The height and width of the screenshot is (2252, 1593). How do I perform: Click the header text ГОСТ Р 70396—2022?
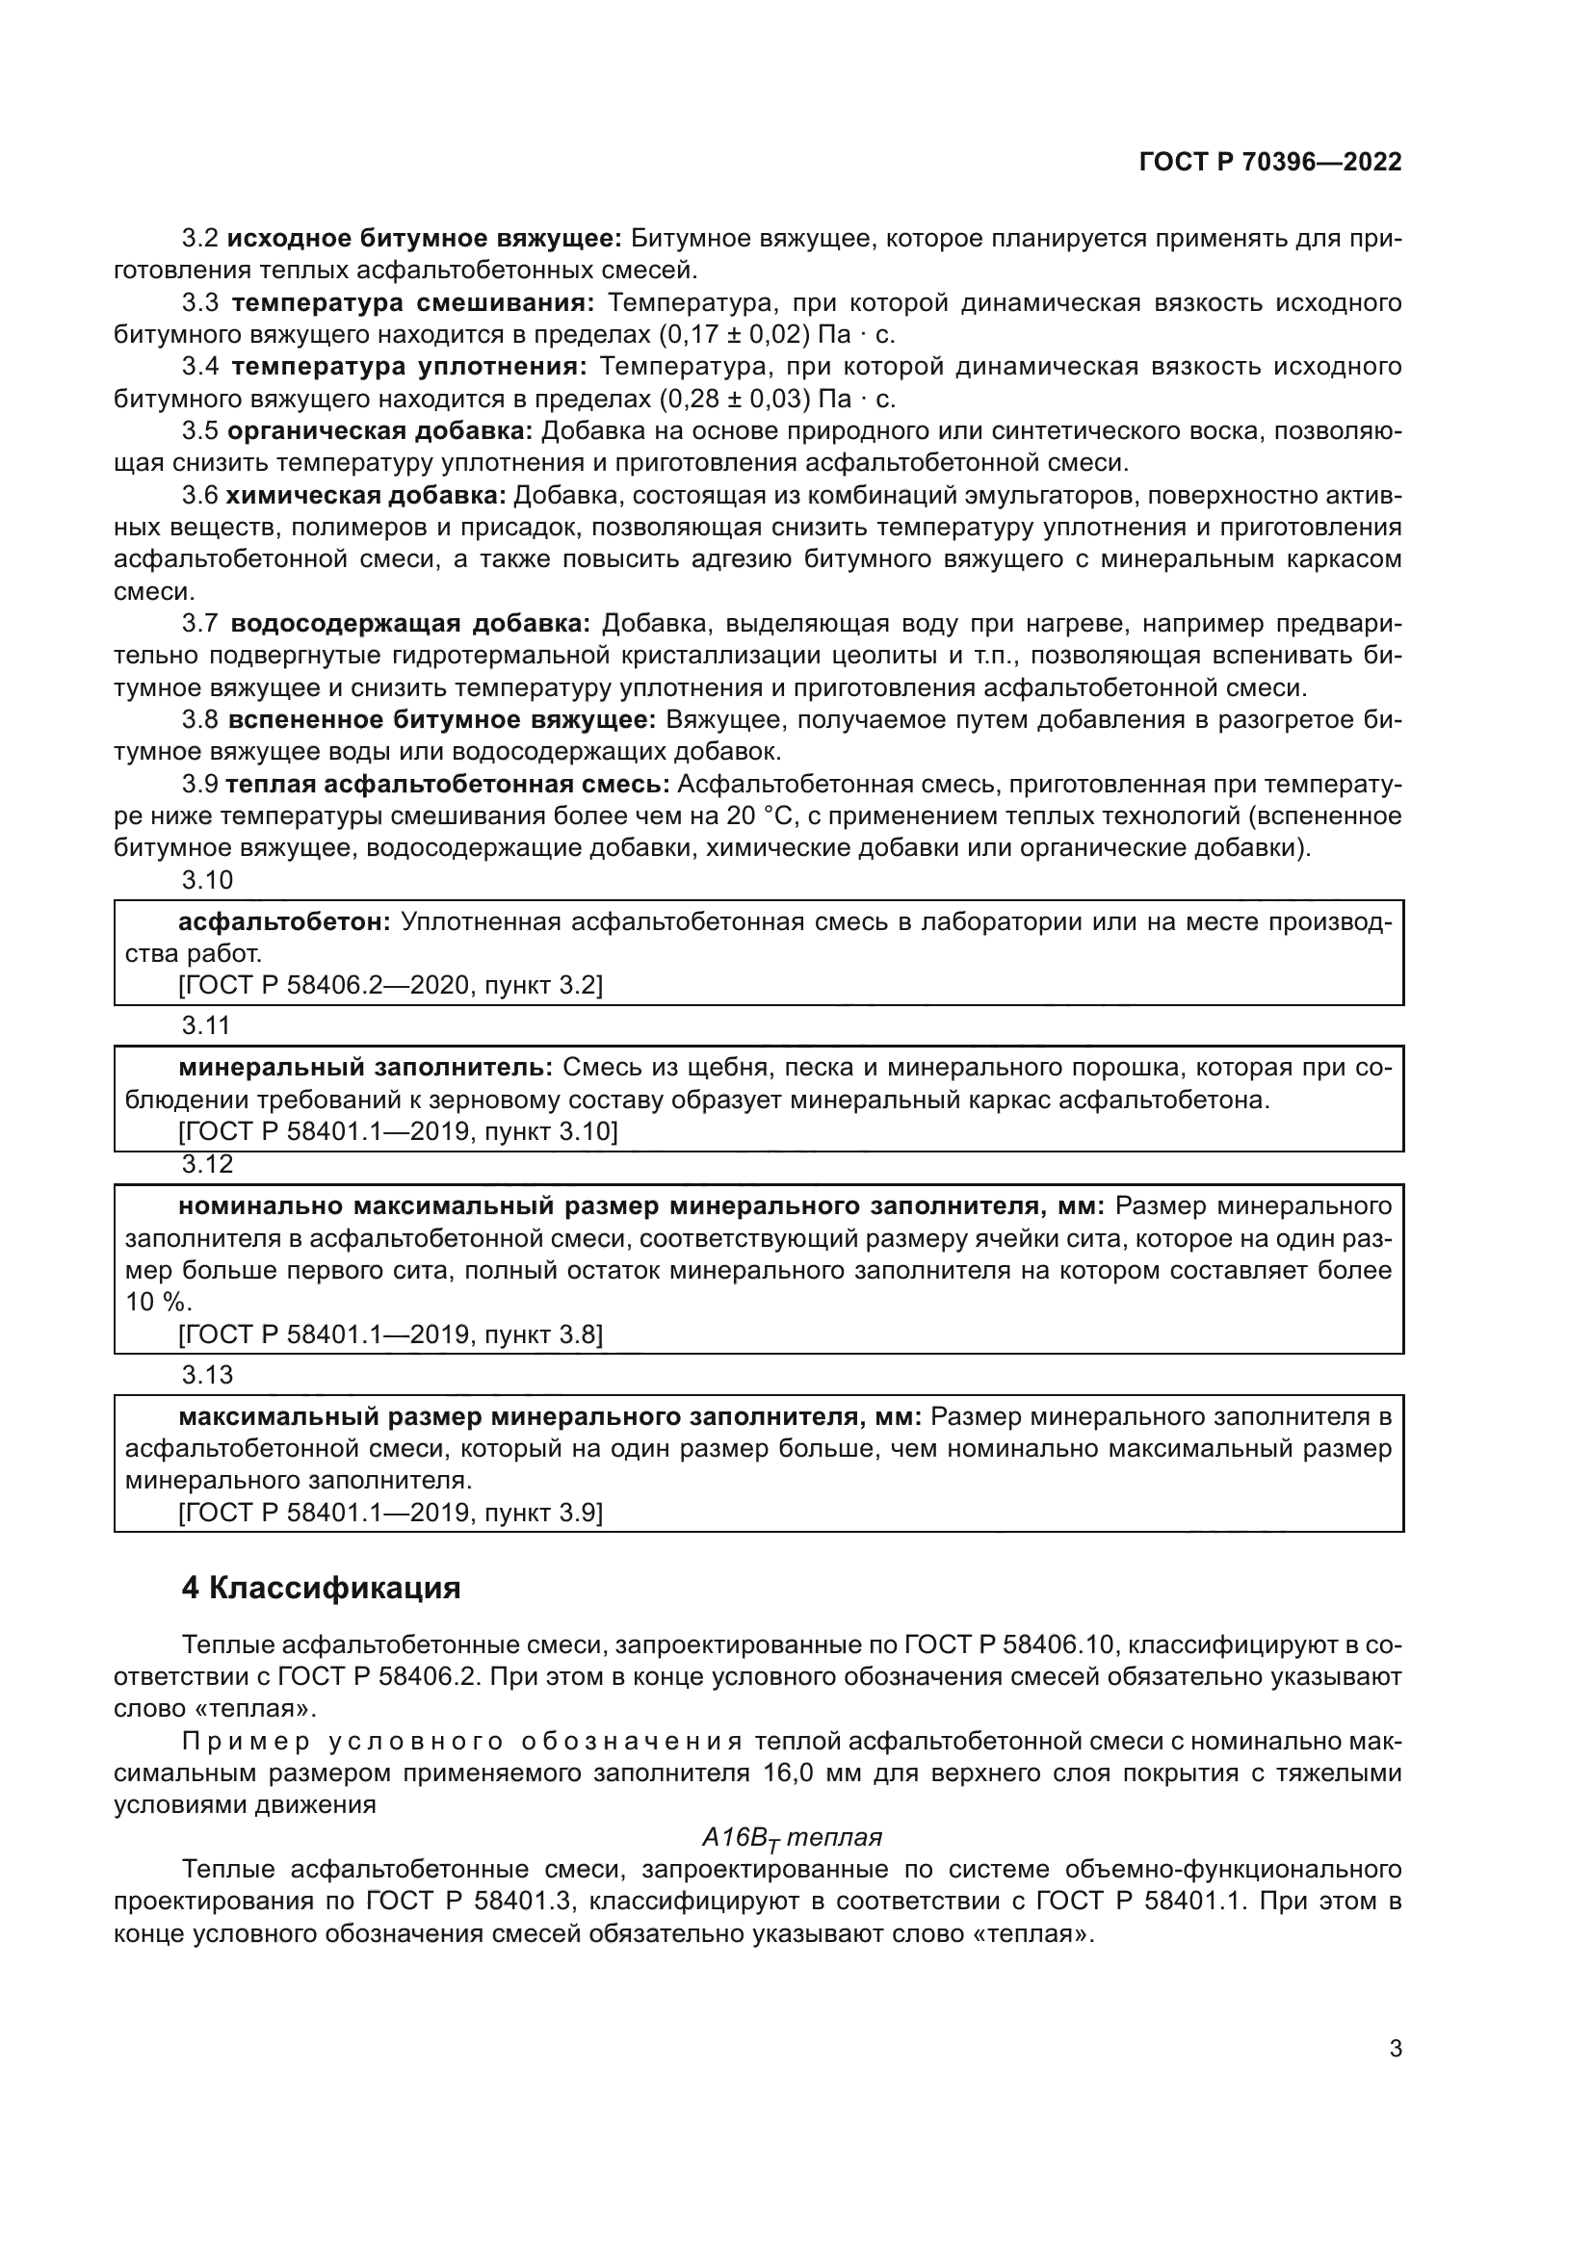click(x=1270, y=163)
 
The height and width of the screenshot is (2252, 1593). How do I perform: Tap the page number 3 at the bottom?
click(x=1395, y=2048)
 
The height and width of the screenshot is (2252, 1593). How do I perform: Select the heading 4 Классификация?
click(x=321, y=1588)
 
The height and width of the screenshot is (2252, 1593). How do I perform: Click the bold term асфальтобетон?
click(x=284, y=922)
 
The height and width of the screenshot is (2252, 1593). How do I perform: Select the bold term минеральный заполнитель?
click(x=366, y=1067)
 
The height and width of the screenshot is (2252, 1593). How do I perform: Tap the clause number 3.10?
click(x=207, y=880)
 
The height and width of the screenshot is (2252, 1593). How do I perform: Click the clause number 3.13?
click(x=207, y=1374)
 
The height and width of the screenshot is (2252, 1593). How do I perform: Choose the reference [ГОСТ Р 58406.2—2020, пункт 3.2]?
click(x=390, y=985)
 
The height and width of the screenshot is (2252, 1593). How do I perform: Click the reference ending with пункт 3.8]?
click(x=390, y=1333)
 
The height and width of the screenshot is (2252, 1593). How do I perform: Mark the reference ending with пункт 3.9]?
click(x=390, y=1512)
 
